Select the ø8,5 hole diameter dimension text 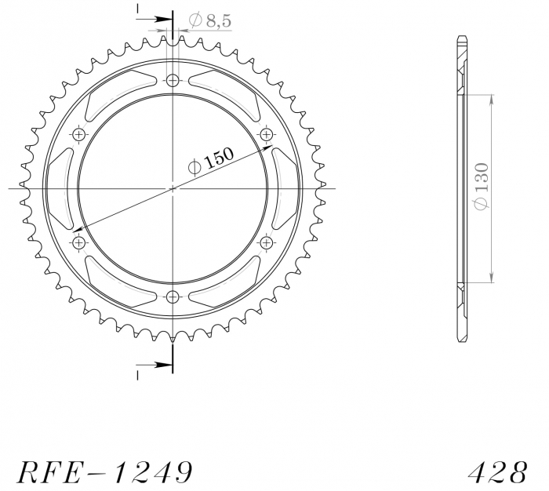point(209,22)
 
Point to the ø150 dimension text point(213,162)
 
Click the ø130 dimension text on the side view point(482,186)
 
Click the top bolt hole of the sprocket point(173,80)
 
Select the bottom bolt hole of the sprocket point(173,296)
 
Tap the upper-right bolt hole point(266,135)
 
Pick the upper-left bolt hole point(78,135)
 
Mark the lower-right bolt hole point(266,242)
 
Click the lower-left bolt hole point(78,242)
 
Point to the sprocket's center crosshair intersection point(173,188)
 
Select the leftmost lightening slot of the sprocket point(60,188)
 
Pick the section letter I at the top point(136,10)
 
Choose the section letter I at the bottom point(136,375)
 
